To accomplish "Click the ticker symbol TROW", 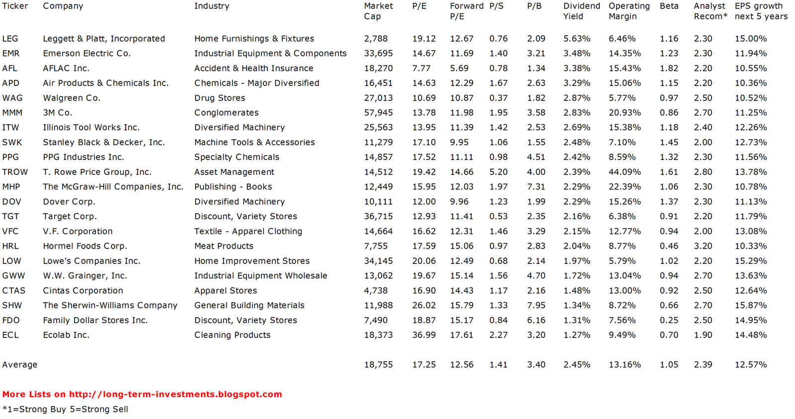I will click(15, 172).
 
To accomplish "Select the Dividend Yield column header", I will click(581, 11).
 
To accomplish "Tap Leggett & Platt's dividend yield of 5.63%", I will click(576, 39).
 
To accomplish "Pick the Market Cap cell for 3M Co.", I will click(378, 113).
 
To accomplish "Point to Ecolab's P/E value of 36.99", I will click(424, 335).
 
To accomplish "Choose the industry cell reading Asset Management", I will click(234, 172).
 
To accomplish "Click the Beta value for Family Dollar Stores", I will click(669, 320).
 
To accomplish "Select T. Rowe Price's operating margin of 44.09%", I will click(625, 172).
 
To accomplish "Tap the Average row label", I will click(20, 365).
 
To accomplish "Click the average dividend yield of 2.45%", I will click(576, 365).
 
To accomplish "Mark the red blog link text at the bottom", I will click(142, 394).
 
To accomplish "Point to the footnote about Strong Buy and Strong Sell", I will click(65, 409).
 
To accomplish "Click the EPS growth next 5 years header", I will click(761, 11).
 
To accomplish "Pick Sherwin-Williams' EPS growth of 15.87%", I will click(751, 305).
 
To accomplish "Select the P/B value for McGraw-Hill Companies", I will click(536, 187).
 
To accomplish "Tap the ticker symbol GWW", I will click(13, 276).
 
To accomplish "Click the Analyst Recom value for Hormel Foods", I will click(703, 246).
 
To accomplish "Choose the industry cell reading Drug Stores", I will click(220, 98).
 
